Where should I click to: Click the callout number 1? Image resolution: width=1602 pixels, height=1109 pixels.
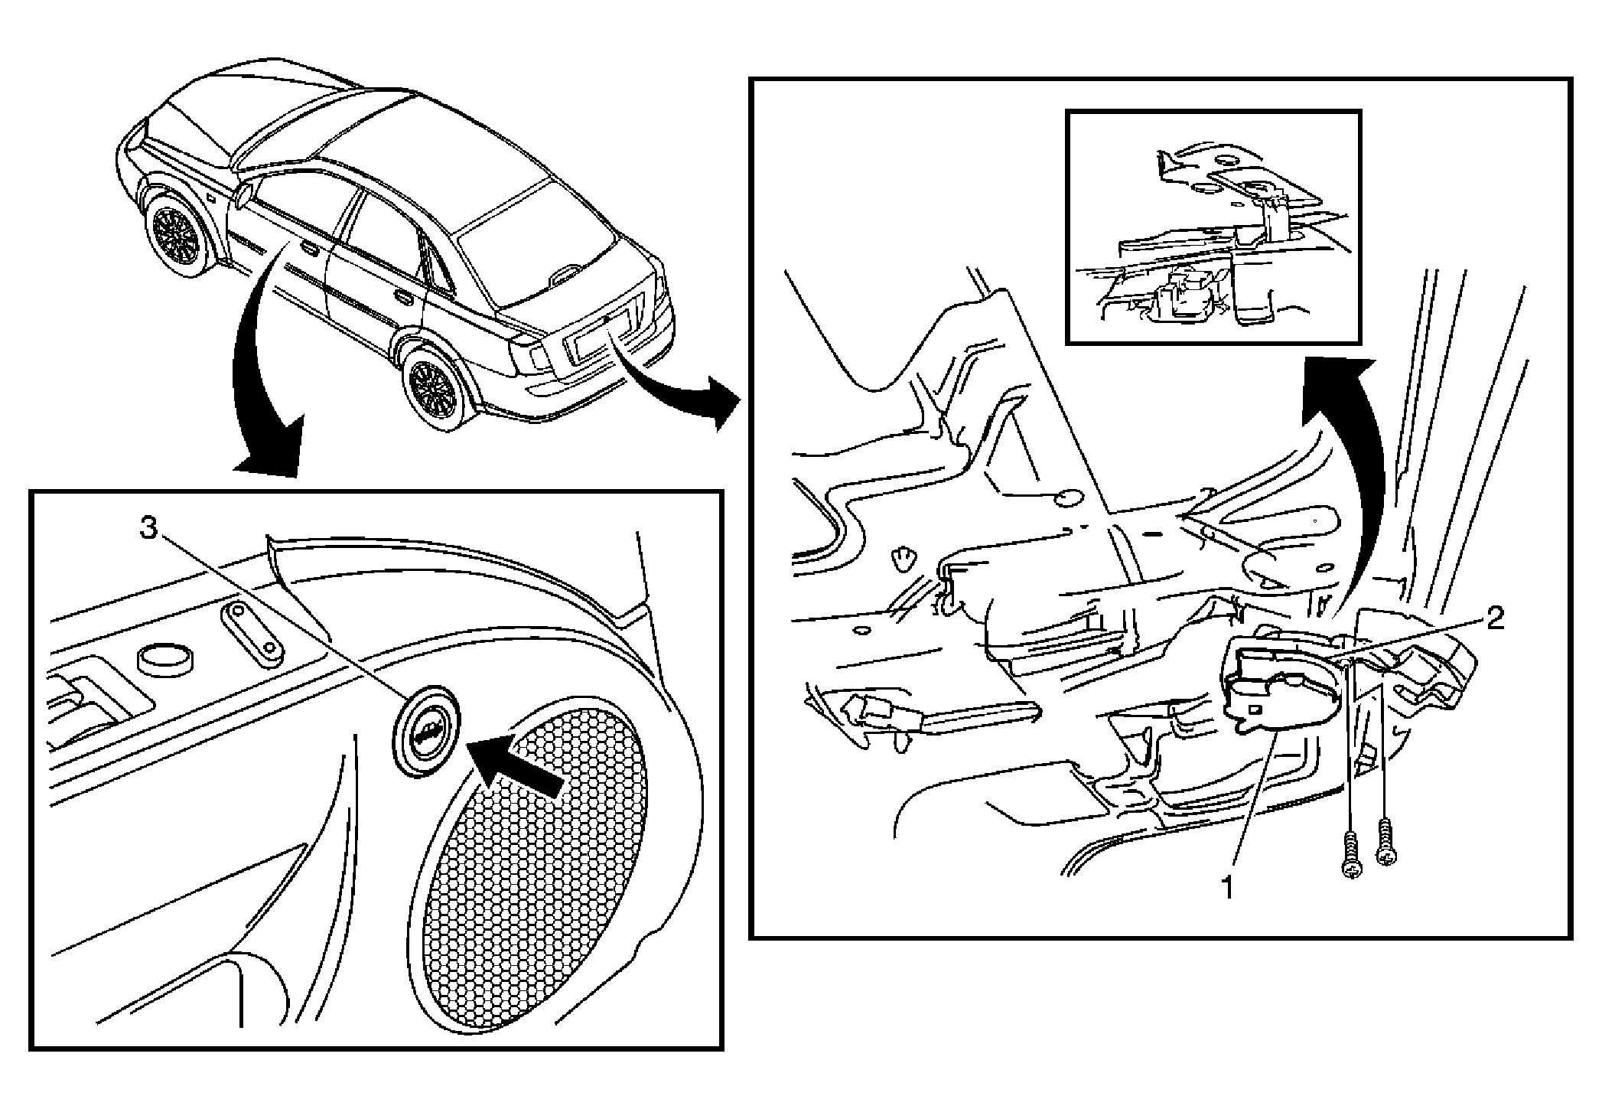point(1227,889)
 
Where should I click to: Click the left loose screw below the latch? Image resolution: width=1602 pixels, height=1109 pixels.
point(1352,854)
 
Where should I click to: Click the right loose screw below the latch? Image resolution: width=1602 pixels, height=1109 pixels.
point(1385,842)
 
